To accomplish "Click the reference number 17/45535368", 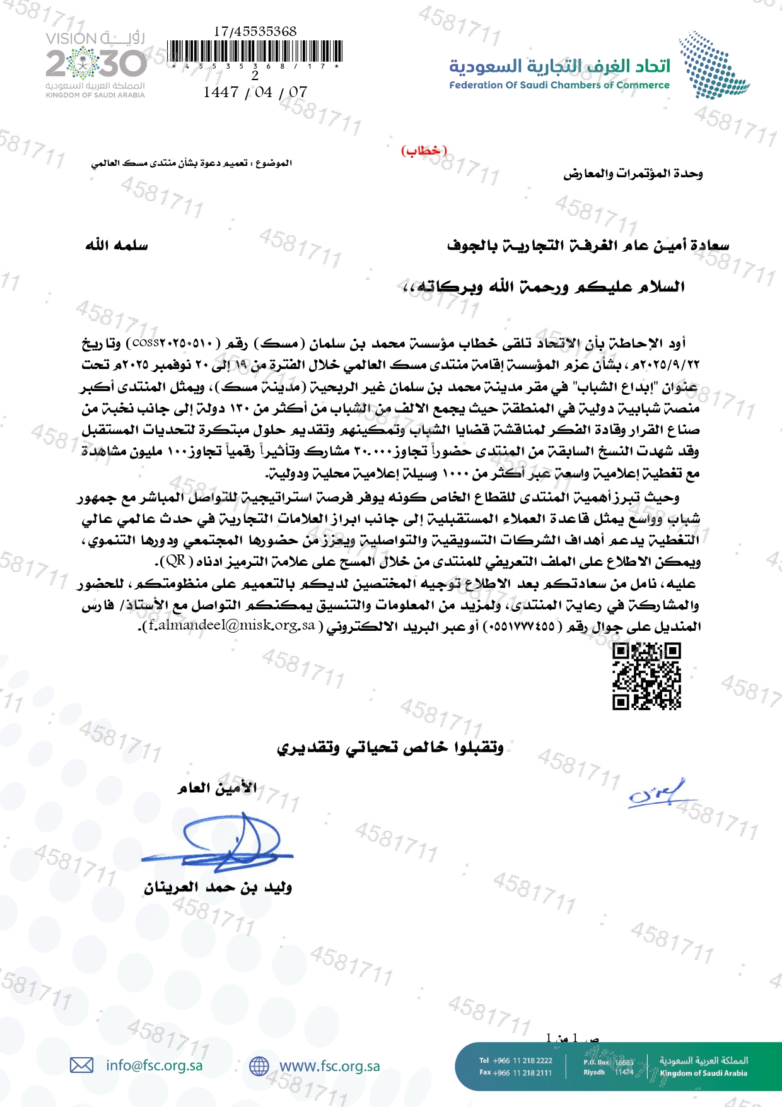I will click(x=255, y=31).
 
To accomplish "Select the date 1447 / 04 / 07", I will click(x=255, y=92).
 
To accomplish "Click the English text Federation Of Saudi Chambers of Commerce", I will click(x=559, y=85).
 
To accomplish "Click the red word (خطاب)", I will click(x=424, y=151).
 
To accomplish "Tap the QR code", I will click(x=646, y=676).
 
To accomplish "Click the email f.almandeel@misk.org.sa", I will click(x=231, y=626).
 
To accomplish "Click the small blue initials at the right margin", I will click(x=656, y=794).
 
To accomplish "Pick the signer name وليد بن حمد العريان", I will click(x=218, y=887).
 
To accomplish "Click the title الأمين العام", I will click(x=217, y=788).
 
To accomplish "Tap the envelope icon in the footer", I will click(x=81, y=1065).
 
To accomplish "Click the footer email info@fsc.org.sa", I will click(x=155, y=1065).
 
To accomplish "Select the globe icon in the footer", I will click(x=259, y=1066).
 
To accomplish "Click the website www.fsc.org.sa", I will click(x=329, y=1066).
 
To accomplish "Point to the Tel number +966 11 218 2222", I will click(x=515, y=1060).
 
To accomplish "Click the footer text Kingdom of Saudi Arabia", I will click(x=703, y=1073).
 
